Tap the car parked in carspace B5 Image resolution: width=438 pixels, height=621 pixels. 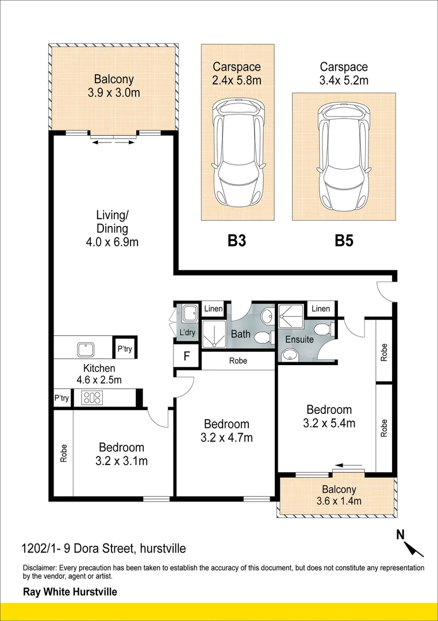[343, 156]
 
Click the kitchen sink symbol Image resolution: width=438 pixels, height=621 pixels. [86, 348]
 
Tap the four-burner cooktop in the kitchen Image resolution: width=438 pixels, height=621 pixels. [91, 398]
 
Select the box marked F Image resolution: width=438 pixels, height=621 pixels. [186, 355]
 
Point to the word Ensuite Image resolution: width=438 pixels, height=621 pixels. [299, 339]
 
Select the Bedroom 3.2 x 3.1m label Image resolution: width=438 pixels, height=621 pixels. [121, 454]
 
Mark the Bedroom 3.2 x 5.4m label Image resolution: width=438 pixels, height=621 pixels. [329, 416]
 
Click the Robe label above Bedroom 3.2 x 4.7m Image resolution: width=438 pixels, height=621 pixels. [238, 362]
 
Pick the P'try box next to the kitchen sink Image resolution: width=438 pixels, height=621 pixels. [125, 348]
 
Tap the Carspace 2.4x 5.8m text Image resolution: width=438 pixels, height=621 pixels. [236, 73]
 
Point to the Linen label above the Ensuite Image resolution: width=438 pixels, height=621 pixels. [321, 309]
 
